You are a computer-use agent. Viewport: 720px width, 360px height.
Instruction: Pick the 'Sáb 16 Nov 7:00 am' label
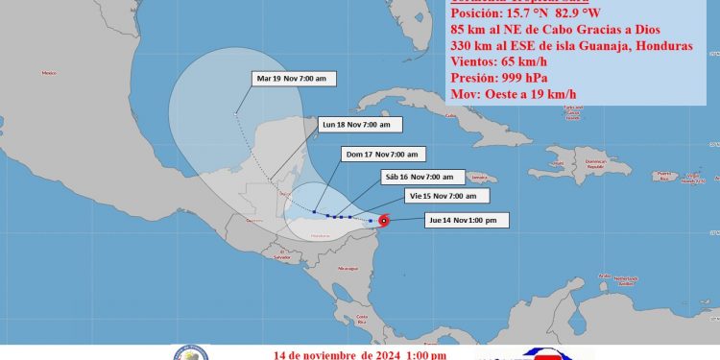(423, 177)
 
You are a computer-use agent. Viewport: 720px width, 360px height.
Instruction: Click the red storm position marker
(383, 222)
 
